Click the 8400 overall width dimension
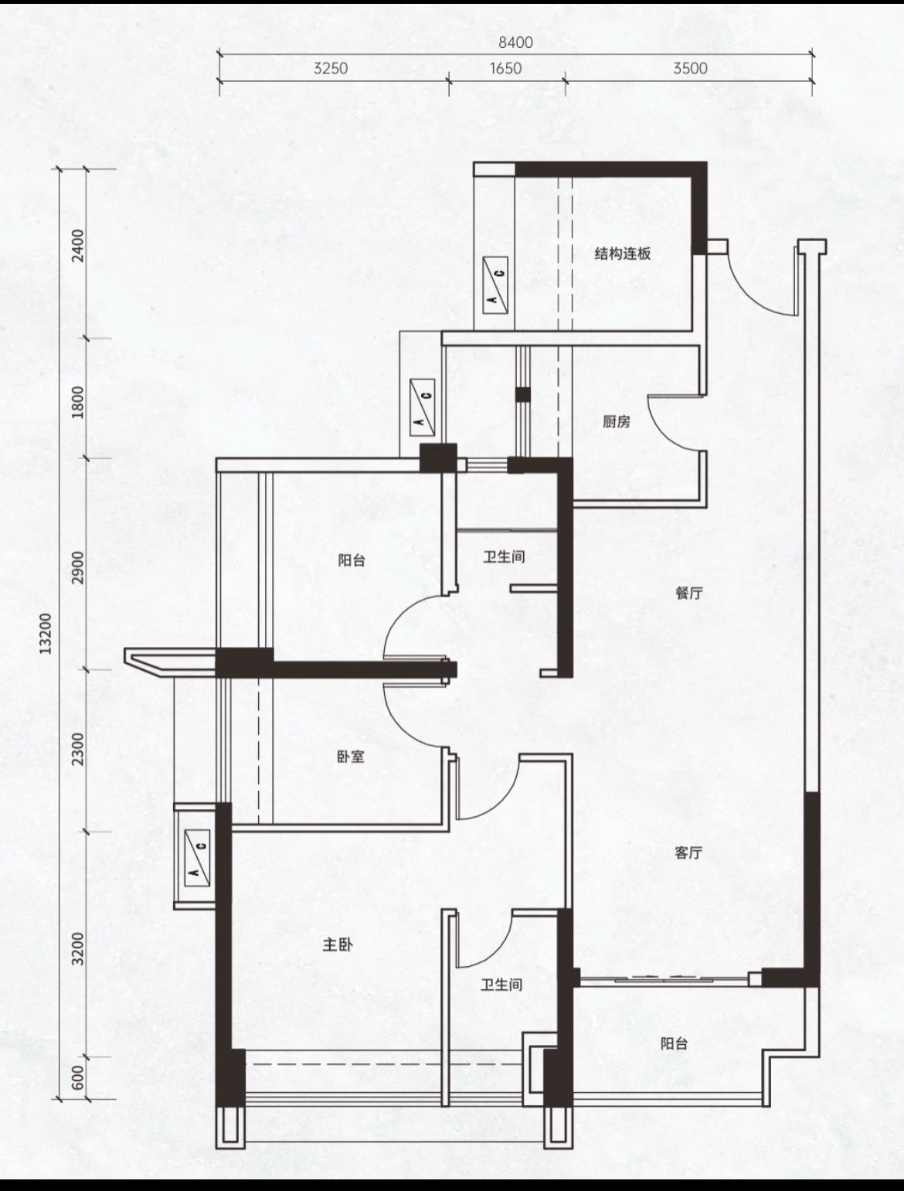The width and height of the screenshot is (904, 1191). (x=515, y=43)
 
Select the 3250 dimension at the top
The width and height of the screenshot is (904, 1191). (x=331, y=68)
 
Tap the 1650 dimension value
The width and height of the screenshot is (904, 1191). (x=505, y=68)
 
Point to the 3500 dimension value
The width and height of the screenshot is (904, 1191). (x=690, y=68)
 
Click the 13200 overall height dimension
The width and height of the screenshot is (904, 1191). (x=46, y=633)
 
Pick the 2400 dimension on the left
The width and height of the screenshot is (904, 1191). (x=79, y=246)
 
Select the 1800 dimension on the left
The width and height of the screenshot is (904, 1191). (x=79, y=402)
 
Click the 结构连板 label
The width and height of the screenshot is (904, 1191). (x=623, y=254)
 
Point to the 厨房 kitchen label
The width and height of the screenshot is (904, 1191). (x=617, y=421)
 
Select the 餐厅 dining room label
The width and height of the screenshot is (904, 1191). (x=689, y=593)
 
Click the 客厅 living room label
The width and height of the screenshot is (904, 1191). (x=688, y=853)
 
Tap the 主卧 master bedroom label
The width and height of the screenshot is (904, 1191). (x=338, y=944)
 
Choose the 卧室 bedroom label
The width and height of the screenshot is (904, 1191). (x=351, y=757)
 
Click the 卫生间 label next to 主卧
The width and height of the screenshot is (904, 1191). (x=501, y=985)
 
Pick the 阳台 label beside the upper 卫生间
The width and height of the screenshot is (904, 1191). (x=352, y=560)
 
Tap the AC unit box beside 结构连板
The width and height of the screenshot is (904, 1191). (x=495, y=285)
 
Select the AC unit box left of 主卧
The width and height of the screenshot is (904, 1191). (x=197, y=859)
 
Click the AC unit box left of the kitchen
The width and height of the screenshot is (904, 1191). (x=423, y=407)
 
